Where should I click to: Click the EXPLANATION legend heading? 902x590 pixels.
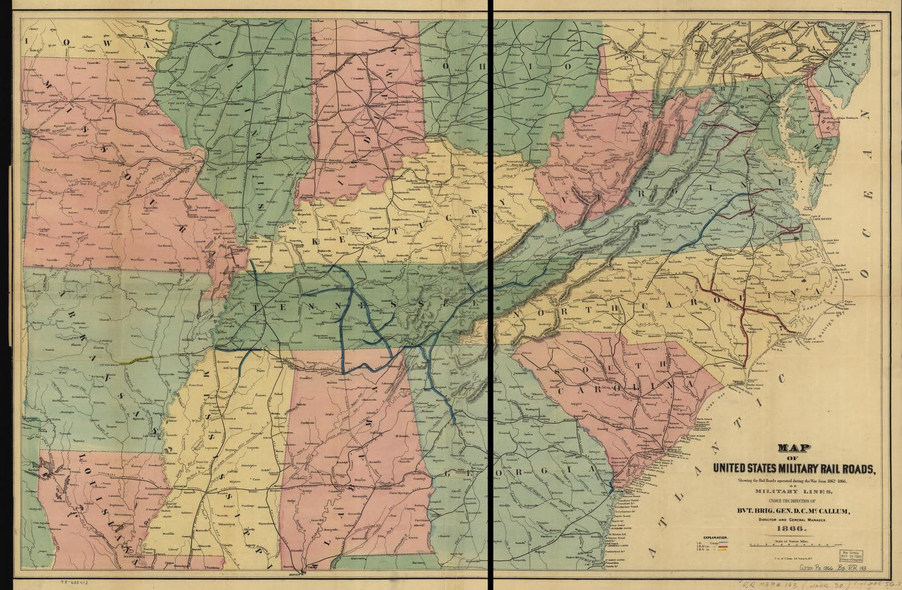[714, 537]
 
